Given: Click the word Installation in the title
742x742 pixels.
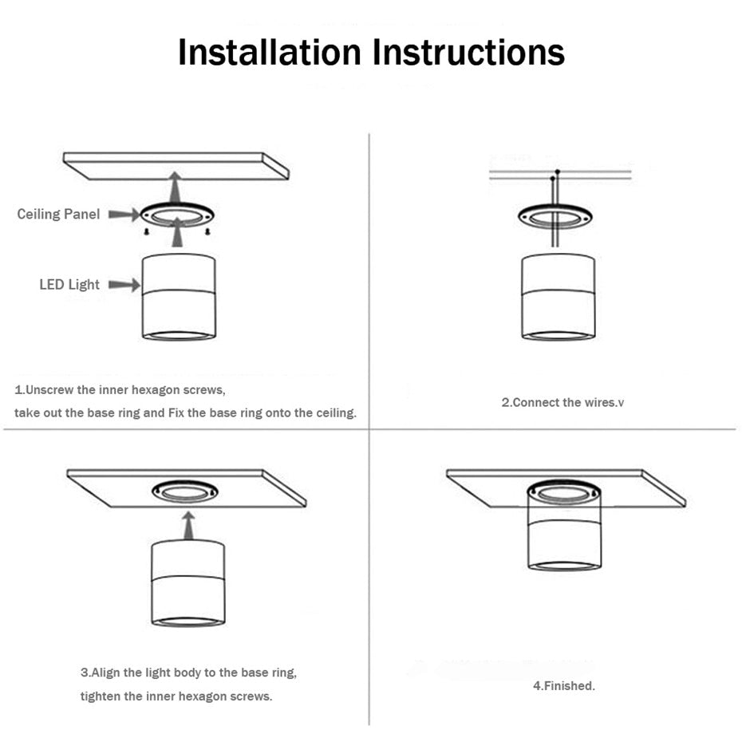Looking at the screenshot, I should (270, 53).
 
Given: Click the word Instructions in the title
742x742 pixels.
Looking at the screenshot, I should (469, 53).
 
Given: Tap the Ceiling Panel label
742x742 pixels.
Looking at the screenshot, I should (58, 214).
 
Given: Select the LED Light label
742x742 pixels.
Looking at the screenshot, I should (69, 284).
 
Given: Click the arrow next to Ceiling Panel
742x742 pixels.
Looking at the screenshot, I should (123, 215).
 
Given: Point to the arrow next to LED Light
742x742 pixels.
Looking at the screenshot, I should (124, 285).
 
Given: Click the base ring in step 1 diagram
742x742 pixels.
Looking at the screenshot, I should (177, 215).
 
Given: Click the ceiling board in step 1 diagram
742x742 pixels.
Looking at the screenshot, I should (176, 165).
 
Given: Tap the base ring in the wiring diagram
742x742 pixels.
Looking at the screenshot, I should (555, 215).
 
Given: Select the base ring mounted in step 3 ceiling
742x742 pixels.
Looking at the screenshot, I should (185, 491).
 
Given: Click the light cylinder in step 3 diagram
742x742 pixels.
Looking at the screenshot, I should (188, 582).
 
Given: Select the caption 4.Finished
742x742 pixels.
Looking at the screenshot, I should (563, 685).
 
